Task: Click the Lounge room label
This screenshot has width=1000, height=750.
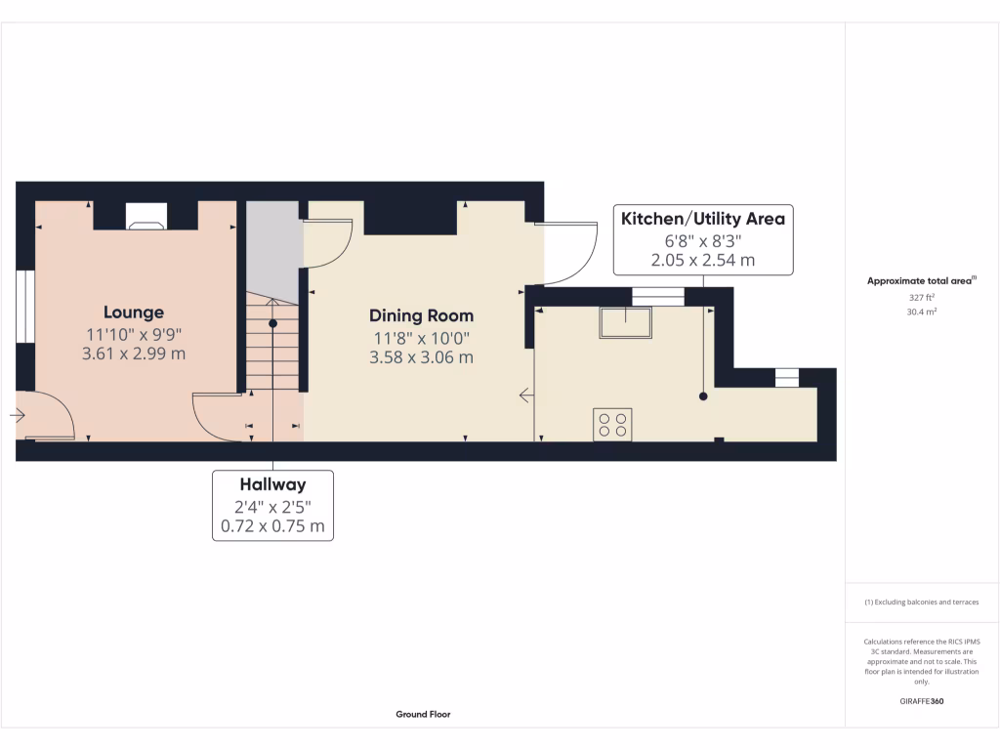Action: click(x=134, y=312)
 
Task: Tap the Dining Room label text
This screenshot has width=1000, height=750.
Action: click(x=421, y=315)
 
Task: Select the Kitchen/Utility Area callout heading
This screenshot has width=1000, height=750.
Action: click(x=702, y=219)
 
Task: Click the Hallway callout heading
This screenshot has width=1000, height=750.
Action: click(x=272, y=484)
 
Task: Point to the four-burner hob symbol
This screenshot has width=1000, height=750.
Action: click(x=612, y=424)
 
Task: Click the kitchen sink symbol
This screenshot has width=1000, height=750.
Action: click(x=626, y=322)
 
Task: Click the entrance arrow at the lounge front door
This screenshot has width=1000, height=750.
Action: click(x=18, y=415)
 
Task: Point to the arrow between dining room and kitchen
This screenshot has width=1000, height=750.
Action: click(x=526, y=396)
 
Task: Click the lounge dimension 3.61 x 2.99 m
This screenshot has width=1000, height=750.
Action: click(x=134, y=354)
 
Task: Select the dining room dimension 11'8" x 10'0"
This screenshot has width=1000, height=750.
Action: click(x=421, y=337)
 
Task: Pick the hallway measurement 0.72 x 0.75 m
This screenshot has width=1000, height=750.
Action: click(x=272, y=527)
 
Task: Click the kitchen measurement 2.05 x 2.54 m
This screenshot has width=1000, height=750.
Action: click(x=702, y=261)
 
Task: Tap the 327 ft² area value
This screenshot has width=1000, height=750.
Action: click(x=921, y=298)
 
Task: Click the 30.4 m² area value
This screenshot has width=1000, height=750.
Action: click(x=921, y=312)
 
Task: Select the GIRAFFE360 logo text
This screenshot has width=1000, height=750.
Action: click(x=921, y=701)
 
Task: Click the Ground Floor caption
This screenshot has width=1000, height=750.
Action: click(x=423, y=715)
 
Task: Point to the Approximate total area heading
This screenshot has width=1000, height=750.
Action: click(x=921, y=281)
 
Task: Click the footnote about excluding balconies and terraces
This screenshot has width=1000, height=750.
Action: click(x=921, y=603)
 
